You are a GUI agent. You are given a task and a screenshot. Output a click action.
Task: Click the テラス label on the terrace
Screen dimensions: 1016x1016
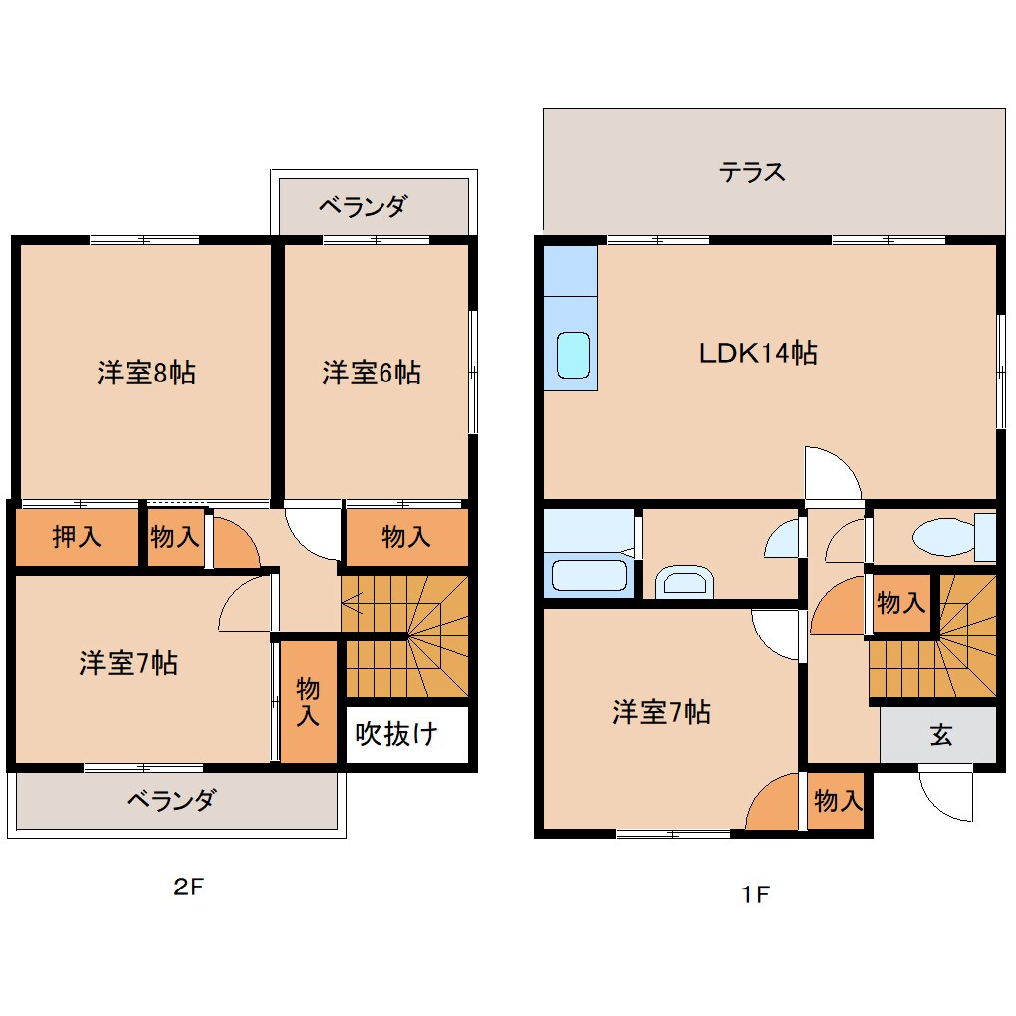point(752,172)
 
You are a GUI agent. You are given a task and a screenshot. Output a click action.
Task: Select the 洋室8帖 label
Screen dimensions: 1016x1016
point(145,374)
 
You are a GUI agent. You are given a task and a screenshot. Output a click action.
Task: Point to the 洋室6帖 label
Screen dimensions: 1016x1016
point(371,374)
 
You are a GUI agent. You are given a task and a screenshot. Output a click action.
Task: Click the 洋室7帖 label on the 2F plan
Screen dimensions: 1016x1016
point(128,663)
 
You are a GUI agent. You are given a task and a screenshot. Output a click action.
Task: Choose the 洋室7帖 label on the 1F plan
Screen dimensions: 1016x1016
point(660,712)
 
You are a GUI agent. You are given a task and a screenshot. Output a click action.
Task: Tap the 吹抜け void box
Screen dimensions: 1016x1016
point(396,735)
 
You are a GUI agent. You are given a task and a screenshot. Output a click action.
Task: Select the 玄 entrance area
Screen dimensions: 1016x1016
point(940,736)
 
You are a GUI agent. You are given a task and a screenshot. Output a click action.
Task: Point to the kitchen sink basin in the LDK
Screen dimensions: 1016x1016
point(573,356)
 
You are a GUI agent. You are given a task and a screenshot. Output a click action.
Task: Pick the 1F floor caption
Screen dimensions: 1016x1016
point(755,893)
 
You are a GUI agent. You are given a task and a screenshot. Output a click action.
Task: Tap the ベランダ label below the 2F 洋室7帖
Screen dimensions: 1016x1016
point(170,800)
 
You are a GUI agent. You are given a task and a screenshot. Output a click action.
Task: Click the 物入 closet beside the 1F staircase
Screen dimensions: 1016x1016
point(900,603)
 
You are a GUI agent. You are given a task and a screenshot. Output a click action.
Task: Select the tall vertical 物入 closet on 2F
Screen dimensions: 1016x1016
point(308,702)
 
